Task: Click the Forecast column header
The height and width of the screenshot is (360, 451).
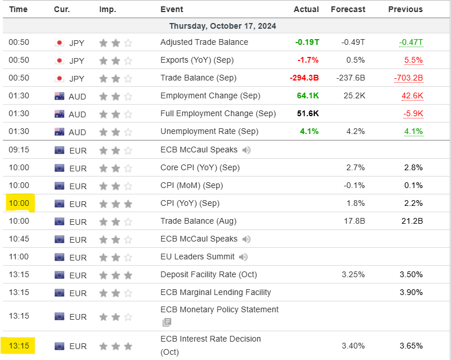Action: tap(348, 9)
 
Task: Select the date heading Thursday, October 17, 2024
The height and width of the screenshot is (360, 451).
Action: tap(222, 26)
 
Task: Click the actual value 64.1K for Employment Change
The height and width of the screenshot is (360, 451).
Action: tap(307, 95)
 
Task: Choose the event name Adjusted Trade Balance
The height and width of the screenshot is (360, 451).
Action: tap(204, 42)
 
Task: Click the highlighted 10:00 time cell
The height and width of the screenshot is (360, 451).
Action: tap(18, 203)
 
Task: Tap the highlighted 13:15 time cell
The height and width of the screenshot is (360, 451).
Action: tap(18, 346)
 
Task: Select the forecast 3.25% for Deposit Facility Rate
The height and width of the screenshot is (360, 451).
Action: tap(353, 274)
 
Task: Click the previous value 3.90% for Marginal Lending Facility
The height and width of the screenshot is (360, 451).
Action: tap(411, 292)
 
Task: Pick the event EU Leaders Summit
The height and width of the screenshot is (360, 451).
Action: tap(197, 256)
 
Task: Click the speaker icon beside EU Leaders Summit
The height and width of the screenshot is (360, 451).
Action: tap(244, 257)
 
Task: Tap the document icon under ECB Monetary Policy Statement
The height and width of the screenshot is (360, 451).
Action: tap(167, 322)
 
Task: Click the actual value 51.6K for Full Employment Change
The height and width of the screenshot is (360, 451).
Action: tap(307, 113)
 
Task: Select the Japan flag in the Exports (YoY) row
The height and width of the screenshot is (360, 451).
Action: tap(59, 60)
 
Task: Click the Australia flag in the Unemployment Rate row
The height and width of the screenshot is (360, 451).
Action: tap(59, 132)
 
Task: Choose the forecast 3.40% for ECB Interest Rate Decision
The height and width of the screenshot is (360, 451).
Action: tap(353, 346)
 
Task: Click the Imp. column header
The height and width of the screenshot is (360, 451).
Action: tap(107, 9)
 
